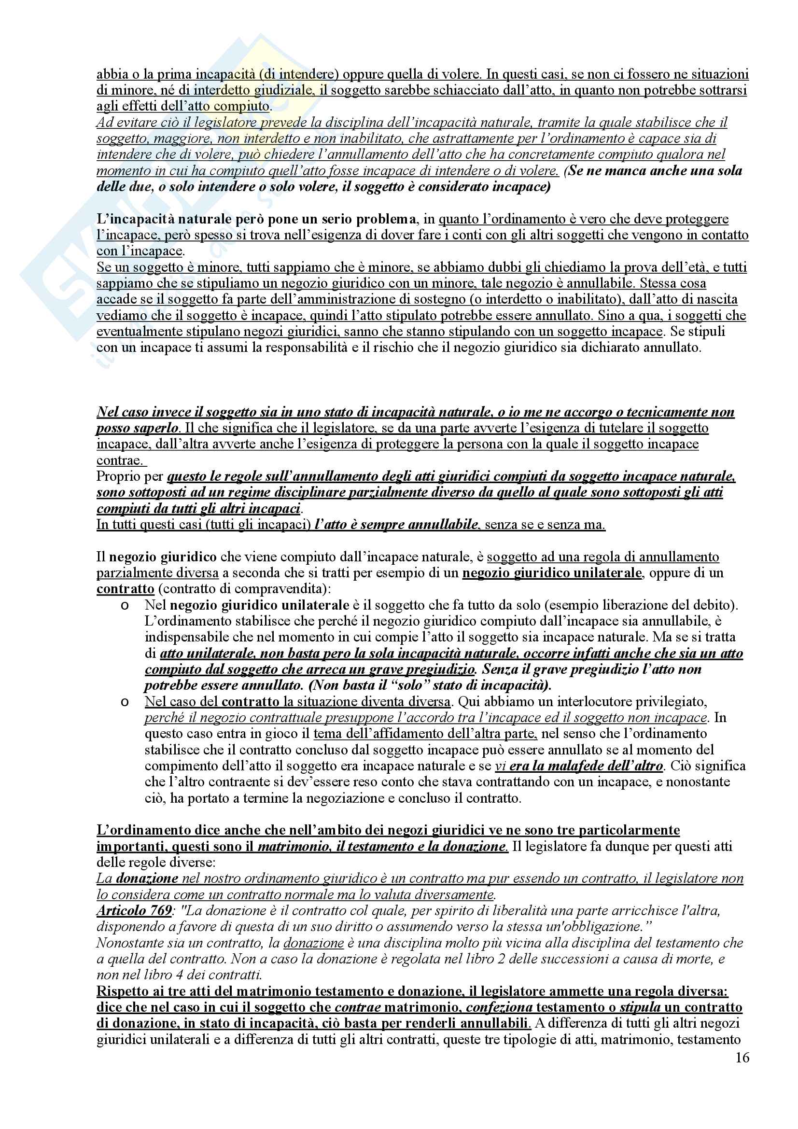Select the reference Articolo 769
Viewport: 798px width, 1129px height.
tap(134, 910)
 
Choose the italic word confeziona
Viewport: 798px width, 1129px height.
tap(500, 1006)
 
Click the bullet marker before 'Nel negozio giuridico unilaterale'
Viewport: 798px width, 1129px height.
tap(125, 605)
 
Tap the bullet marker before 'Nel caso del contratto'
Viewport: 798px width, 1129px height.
tap(125, 702)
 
